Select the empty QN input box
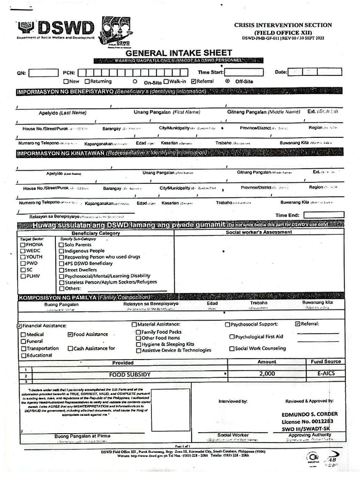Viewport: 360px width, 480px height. [x=43, y=73]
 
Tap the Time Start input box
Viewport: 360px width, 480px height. [x=244, y=72]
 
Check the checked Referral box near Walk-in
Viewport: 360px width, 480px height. [x=194, y=81]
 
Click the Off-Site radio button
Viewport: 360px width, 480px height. [x=227, y=81]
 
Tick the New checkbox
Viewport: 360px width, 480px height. [x=66, y=81]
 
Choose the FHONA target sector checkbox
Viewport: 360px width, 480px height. [x=22, y=245]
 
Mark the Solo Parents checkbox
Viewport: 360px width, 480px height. [x=61, y=245]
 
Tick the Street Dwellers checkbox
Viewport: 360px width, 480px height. [x=61, y=270]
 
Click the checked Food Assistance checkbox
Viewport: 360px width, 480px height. [x=70, y=334]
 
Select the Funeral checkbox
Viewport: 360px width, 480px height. [x=23, y=341]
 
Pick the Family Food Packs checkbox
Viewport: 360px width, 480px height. [x=138, y=332]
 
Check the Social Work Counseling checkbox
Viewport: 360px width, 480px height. [x=232, y=348]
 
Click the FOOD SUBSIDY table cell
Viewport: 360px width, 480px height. [x=130, y=375]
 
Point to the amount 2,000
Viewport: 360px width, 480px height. [x=267, y=374]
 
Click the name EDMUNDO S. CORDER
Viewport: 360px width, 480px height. [x=309, y=414]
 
